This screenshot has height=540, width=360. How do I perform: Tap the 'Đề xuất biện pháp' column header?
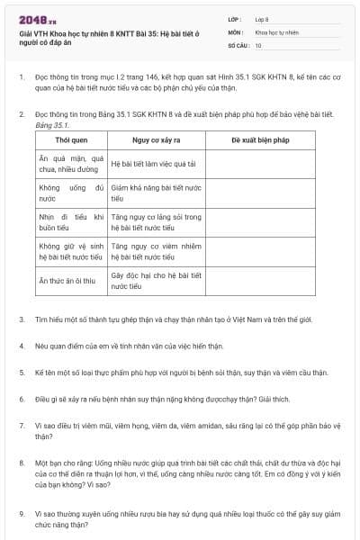tap(260, 141)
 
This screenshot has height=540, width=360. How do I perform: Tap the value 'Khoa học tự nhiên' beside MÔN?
tap(275, 31)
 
